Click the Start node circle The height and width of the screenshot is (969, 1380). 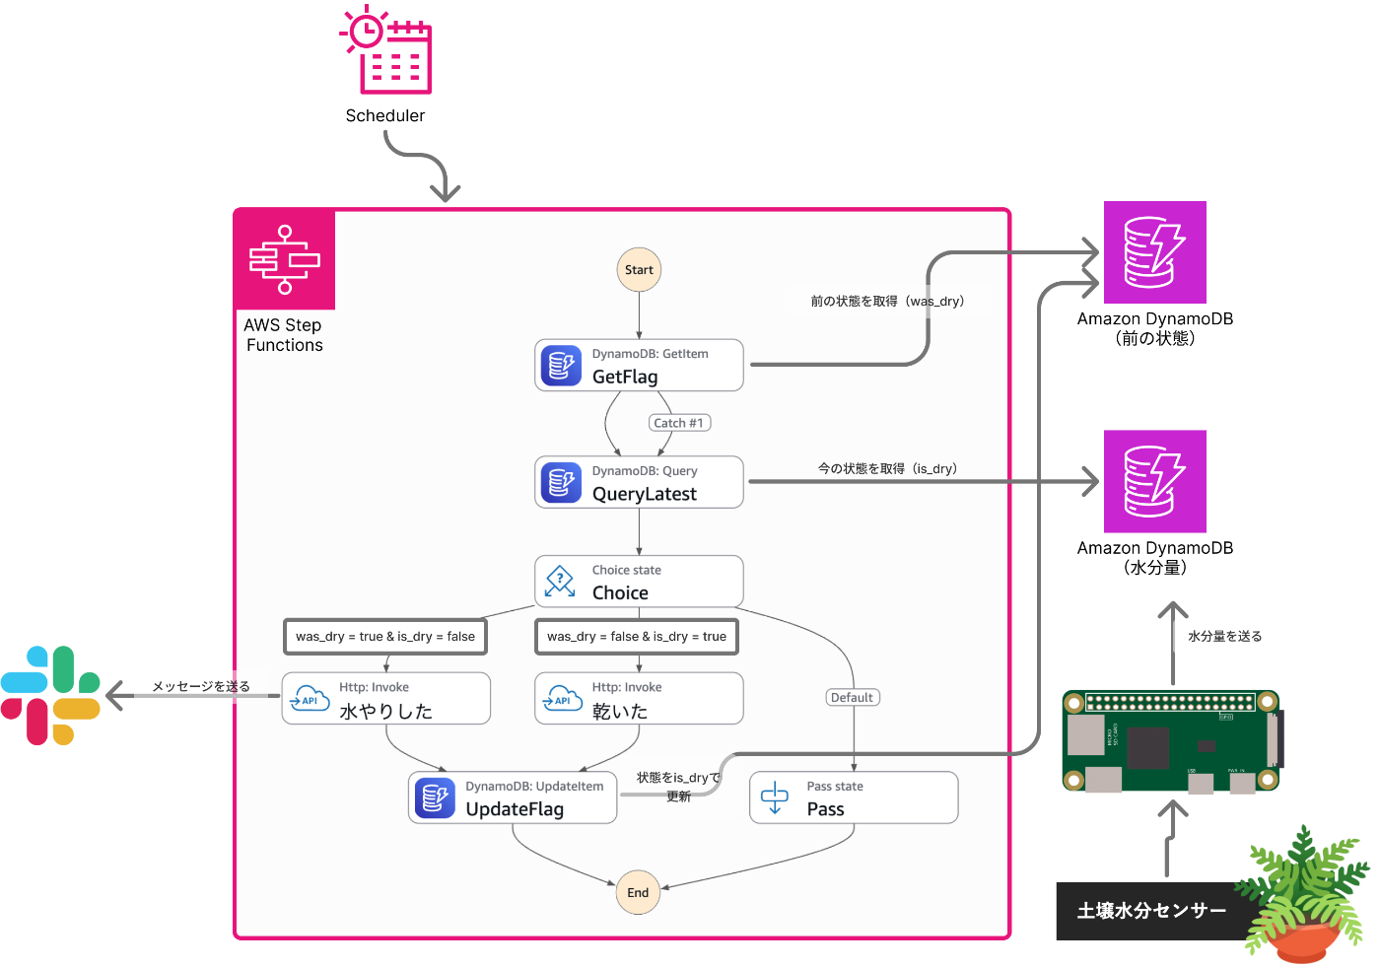point(639,270)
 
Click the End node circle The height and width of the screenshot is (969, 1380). point(638,892)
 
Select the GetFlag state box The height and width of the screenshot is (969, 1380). point(639,366)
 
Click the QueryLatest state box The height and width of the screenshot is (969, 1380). point(639,482)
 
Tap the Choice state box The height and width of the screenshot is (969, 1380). point(639,582)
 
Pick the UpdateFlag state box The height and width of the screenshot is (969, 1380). point(513,797)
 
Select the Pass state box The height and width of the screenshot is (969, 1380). point(854,797)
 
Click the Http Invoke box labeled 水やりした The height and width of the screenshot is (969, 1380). point(386,699)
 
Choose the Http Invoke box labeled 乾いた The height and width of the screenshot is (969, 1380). point(639,699)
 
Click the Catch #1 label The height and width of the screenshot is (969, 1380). point(679,423)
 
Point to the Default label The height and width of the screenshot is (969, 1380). point(852,698)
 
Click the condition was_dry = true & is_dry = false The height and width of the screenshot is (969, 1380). point(385,637)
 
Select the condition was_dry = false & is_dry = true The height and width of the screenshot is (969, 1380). point(637,637)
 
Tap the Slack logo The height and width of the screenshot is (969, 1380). point(51,695)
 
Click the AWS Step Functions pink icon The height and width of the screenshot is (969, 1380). point(285,259)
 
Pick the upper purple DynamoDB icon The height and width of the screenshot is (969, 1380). point(1154,252)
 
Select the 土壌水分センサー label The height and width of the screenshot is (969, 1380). point(1151,911)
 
